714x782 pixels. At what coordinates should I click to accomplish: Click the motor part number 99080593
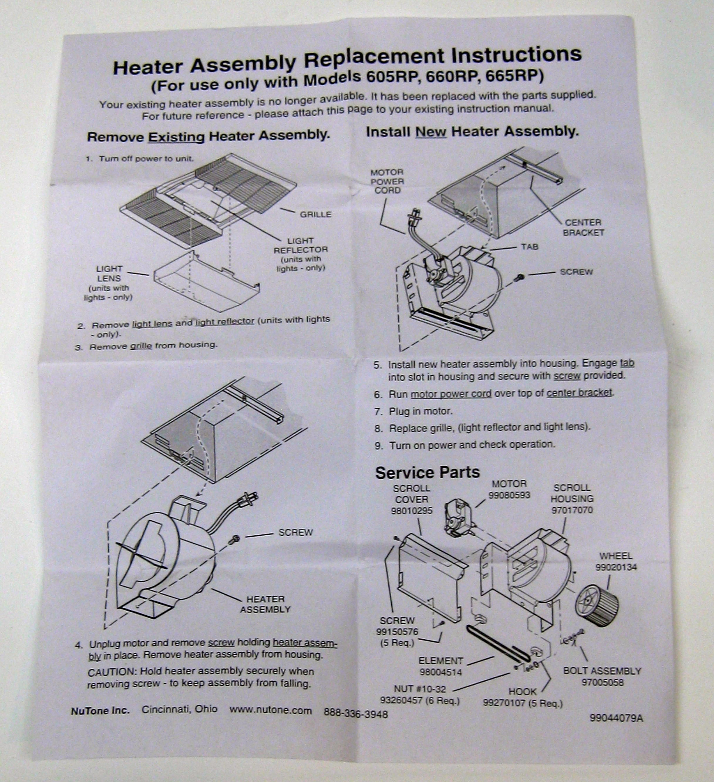[x=509, y=495]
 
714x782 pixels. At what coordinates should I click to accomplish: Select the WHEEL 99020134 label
[x=616, y=562]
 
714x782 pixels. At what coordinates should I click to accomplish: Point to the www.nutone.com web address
[x=270, y=710]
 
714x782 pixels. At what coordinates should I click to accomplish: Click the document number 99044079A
[x=616, y=718]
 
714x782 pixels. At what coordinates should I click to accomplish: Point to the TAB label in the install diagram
[x=530, y=247]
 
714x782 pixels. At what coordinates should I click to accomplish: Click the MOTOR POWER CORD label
[x=387, y=181]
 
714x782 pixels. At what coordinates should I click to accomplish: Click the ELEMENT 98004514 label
[x=440, y=666]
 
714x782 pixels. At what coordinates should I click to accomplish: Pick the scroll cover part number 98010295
[x=411, y=510]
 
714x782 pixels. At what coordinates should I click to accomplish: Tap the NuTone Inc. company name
[x=100, y=711]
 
